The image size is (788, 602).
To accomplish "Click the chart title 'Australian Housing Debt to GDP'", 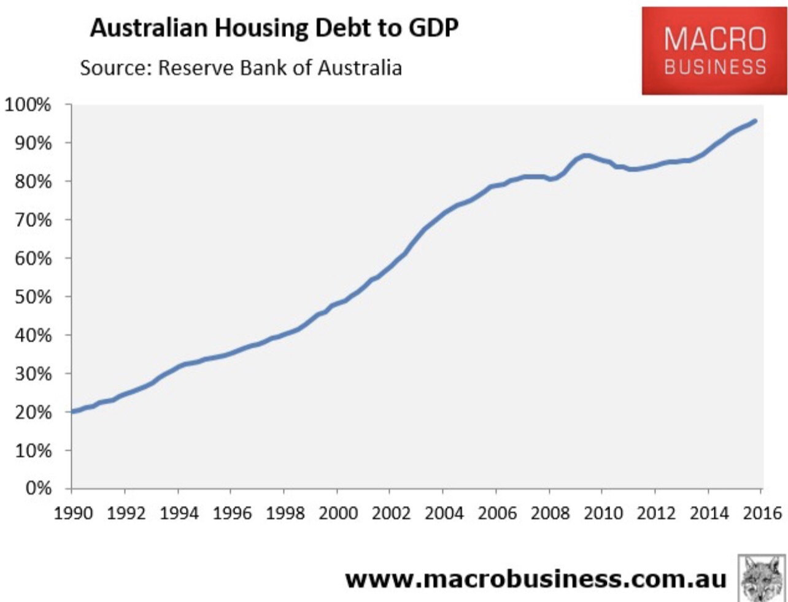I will [274, 28].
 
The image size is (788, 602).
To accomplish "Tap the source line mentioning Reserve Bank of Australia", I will [241, 67].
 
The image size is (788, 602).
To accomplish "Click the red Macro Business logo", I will [714, 52].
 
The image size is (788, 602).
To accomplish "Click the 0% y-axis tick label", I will [38, 489].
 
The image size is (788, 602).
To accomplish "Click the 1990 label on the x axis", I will [72, 513].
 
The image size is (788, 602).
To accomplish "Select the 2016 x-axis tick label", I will [761, 513].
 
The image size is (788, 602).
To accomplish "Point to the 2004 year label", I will [444, 513].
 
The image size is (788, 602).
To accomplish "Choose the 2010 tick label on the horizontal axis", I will [603, 513].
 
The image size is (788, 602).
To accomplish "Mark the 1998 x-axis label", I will [285, 513].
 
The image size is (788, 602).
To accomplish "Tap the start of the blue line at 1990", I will [73, 411].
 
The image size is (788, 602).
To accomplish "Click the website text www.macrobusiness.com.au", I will [535, 577].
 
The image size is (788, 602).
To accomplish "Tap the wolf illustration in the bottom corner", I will [762, 577].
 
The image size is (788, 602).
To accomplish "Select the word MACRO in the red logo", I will [715, 40].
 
